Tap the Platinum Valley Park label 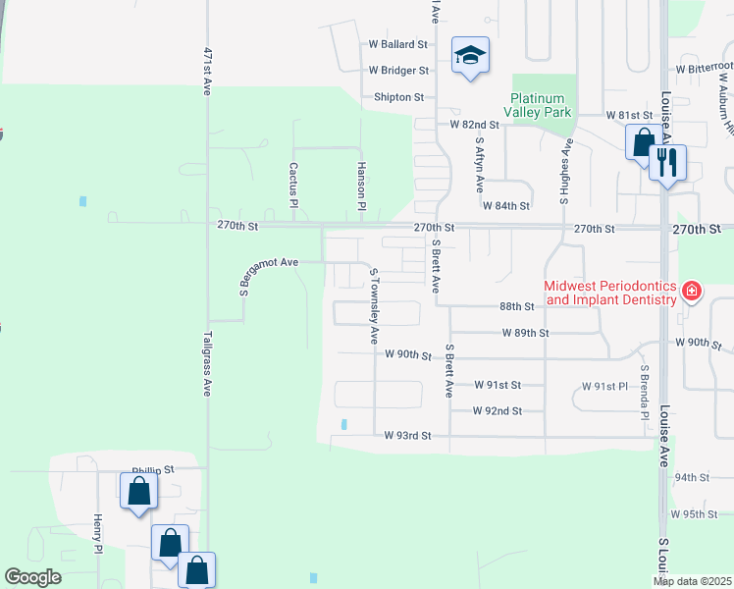(x=538, y=105)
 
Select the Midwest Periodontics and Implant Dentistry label (x=610, y=292)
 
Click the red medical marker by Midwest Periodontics (x=691, y=290)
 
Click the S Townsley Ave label (x=373, y=304)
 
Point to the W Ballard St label (x=398, y=44)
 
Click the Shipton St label (x=398, y=97)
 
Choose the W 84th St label (x=505, y=205)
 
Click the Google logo (x=33, y=577)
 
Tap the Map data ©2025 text (x=692, y=581)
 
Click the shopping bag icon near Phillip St (x=138, y=491)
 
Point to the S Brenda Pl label (x=645, y=394)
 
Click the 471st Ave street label (x=207, y=71)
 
